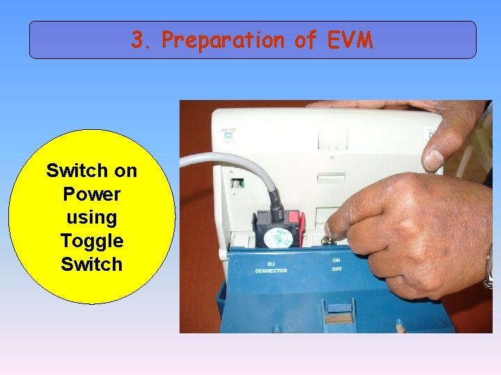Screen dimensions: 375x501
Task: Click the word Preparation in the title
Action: tap(223, 41)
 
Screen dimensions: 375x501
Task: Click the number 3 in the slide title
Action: tap(139, 40)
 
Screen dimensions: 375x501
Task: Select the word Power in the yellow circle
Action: tap(91, 194)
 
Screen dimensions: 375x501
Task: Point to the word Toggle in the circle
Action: tap(91, 241)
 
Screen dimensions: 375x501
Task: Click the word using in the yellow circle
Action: tap(91, 217)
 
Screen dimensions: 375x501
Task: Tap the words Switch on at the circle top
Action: tap(91, 170)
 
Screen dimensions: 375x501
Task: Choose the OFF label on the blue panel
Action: tap(337, 269)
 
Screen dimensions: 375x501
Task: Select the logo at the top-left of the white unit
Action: tap(230, 133)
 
